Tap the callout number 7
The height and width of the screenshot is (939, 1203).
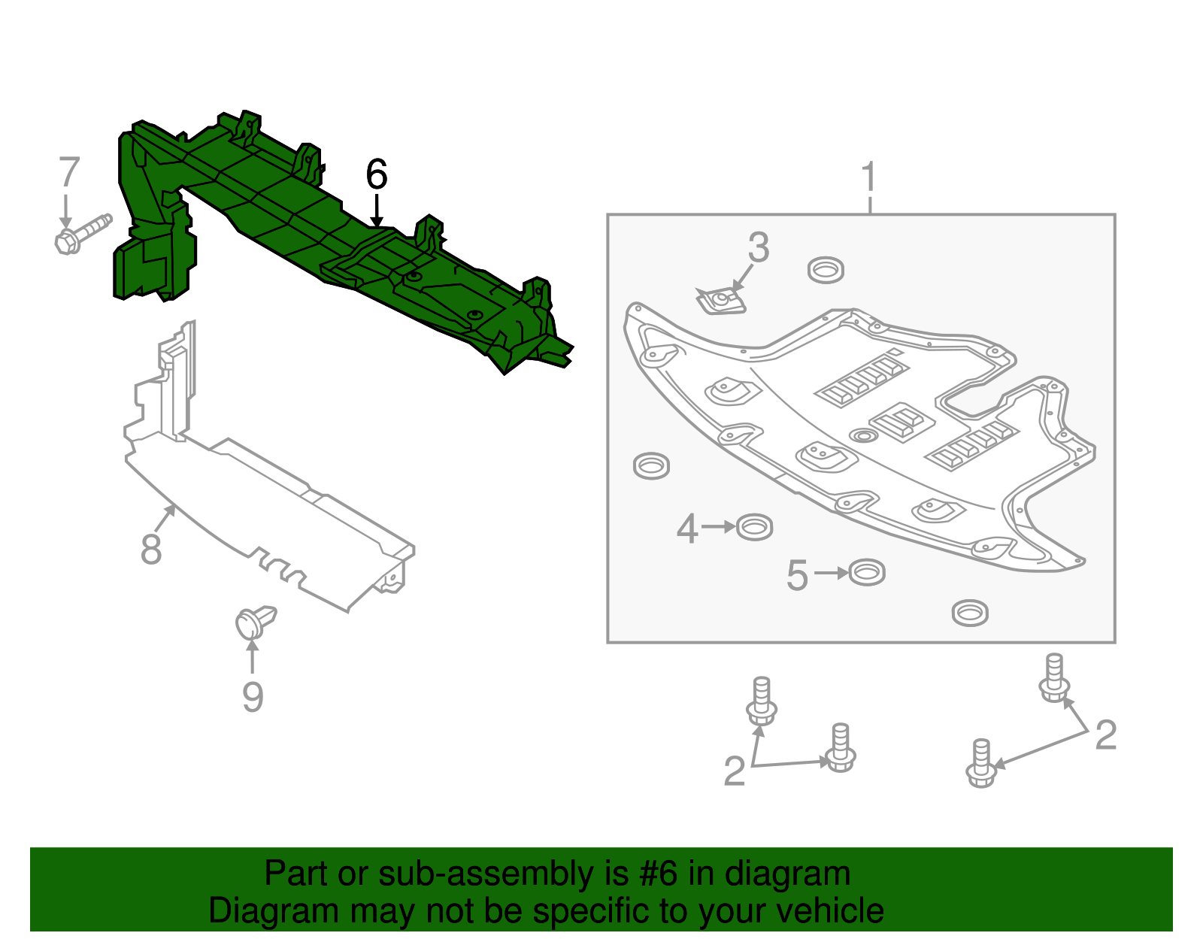point(68,173)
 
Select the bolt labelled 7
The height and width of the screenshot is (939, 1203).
point(81,233)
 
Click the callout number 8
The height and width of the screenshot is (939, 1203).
point(151,550)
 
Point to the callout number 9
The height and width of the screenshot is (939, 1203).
point(253,697)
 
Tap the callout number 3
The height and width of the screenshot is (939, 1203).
point(759,247)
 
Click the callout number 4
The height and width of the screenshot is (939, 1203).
point(687,529)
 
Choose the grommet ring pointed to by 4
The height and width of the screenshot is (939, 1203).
point(754,527)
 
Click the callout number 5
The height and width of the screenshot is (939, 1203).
point(797,576)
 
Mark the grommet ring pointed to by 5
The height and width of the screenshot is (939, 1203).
point(867,573)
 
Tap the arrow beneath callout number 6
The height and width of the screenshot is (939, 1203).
point(377,209)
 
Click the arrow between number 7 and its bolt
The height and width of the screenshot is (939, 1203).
point(66,211)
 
